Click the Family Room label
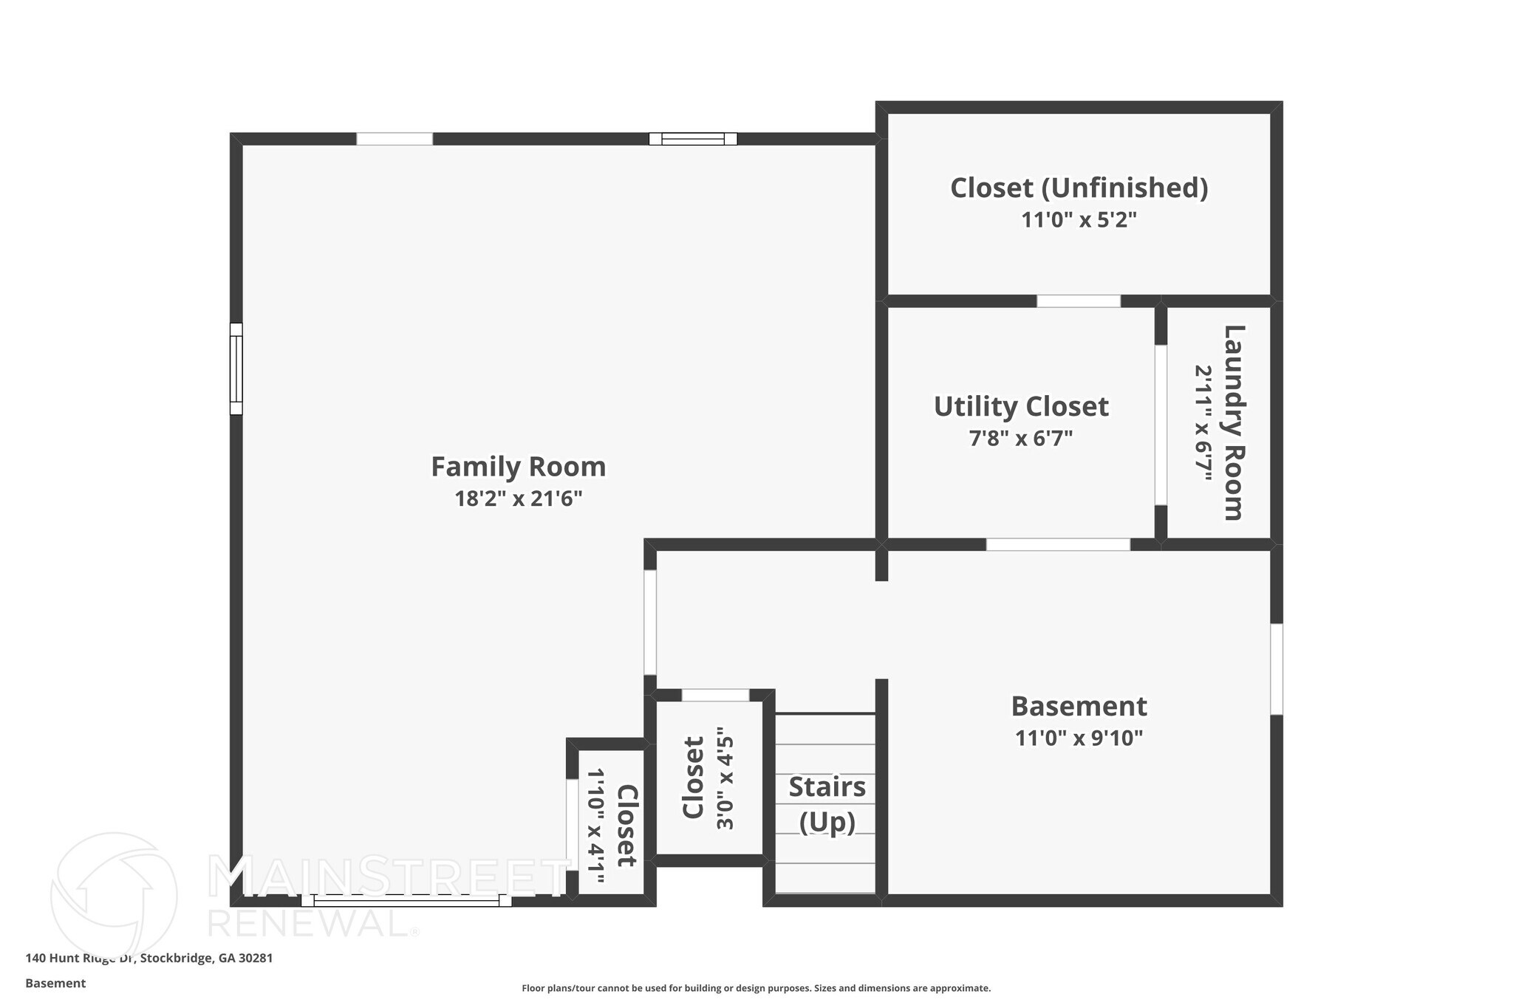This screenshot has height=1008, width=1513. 518,467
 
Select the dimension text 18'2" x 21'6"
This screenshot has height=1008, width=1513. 518,499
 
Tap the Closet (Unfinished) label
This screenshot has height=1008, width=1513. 1079,188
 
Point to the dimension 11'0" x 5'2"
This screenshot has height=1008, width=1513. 1079,220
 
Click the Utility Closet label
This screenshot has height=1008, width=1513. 1021,407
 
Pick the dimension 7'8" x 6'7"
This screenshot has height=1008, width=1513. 1021,439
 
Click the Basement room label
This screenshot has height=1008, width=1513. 1079,706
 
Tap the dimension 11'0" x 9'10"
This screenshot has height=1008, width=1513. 1079,738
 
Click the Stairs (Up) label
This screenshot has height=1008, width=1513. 827,804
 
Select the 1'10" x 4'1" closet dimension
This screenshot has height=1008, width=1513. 595,826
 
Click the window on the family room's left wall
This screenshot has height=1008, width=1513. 236,368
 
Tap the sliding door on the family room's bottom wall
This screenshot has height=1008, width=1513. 406,900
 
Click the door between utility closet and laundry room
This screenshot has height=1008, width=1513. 1161,425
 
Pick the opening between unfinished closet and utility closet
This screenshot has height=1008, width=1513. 1079,301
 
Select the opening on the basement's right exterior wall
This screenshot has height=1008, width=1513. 1276,669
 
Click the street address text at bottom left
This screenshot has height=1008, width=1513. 149,959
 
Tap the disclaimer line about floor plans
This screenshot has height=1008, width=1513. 756,988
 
